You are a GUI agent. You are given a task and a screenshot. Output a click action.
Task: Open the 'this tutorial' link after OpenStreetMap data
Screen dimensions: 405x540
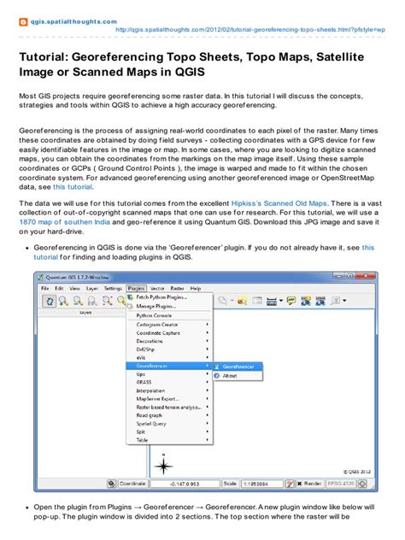(73, 185)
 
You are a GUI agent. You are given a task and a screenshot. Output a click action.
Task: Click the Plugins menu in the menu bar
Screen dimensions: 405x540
(135, 288)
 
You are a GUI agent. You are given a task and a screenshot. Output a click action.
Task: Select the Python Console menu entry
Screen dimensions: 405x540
(156, 314)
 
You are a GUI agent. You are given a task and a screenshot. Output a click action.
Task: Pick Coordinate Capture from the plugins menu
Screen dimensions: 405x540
(160, 333)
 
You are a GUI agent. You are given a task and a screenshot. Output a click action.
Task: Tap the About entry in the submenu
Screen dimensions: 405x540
(230, 375)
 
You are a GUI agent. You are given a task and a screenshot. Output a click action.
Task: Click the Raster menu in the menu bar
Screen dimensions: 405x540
(176, 288)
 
